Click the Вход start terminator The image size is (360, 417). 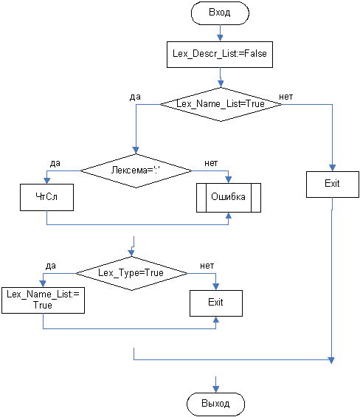(220, 13)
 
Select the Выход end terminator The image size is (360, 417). (215, 404)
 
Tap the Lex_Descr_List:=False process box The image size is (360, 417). (220, 55)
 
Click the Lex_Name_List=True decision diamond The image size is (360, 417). (221, 104)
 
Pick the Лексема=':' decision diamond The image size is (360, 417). (136, 170)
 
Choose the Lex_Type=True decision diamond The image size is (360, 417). (131, 273)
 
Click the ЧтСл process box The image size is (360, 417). (46, 197)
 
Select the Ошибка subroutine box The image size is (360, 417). (229, 198)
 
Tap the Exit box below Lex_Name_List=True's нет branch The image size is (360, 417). (333, 185)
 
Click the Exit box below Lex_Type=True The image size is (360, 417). (216, 303)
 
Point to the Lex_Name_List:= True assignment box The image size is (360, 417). (43, 300)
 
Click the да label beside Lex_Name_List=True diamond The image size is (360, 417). (135, 97)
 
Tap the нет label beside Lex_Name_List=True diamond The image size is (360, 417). (285, 97)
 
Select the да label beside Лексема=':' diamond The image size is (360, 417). (55, 163)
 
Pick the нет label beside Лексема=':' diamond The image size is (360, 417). (211, 163)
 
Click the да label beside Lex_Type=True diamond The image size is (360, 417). (51, 266)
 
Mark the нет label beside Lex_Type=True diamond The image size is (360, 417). (207, 266)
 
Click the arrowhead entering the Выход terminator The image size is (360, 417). (215, 389)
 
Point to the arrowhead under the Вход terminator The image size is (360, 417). (220, 38)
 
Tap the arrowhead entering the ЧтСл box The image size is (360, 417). (46, 181)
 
